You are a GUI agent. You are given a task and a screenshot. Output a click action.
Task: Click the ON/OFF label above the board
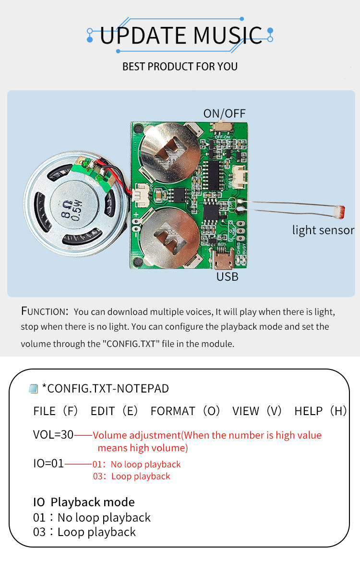(x=224, y=113)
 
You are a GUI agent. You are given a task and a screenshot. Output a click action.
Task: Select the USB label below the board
(x=227, y=277)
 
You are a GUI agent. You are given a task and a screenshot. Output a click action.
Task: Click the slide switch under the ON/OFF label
(x=223, y=127)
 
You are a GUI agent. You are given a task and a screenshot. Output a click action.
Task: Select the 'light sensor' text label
(x=323, y=230)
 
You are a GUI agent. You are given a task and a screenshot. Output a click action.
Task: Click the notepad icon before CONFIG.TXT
(x=33, y=389)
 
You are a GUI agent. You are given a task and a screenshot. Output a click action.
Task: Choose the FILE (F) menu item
(x=55, y=411)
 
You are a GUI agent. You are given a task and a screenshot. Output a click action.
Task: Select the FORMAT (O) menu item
(x=185, y=411)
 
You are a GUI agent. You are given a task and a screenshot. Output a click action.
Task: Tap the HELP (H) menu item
(x=320, y=411)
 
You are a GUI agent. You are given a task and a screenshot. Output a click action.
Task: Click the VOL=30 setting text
(x=53, y=435)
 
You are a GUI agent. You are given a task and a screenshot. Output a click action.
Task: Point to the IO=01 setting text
(x=48, y=464)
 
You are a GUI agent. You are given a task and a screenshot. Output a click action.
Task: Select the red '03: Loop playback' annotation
(x=132, y=477)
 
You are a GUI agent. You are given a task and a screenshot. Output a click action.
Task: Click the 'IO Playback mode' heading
(x=84, y=502)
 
